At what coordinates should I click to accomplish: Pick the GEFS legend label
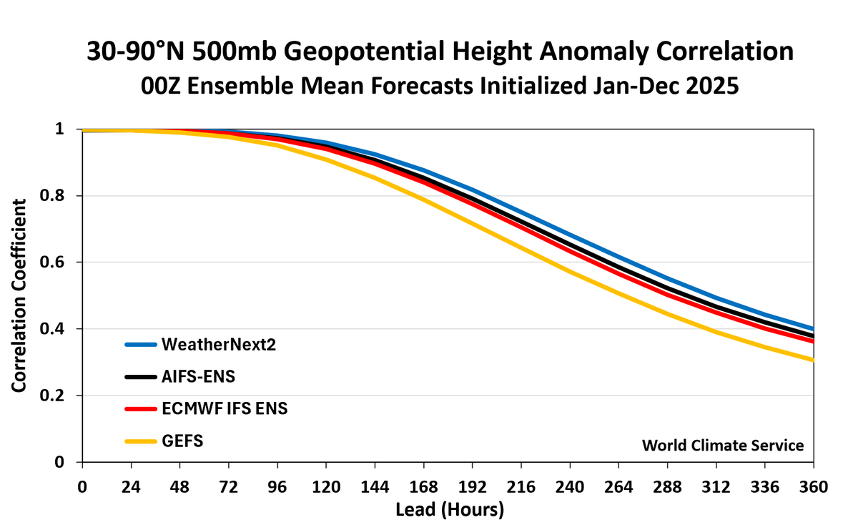[183, 441]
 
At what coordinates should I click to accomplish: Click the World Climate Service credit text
[723, 445]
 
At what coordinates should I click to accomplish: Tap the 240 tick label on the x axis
[570, 486]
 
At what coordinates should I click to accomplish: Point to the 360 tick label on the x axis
[813, 486]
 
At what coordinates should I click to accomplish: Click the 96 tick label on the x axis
[277, 486]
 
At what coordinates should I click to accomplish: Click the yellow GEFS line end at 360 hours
[812, 360]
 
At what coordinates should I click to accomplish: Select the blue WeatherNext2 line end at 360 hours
[812, 328]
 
